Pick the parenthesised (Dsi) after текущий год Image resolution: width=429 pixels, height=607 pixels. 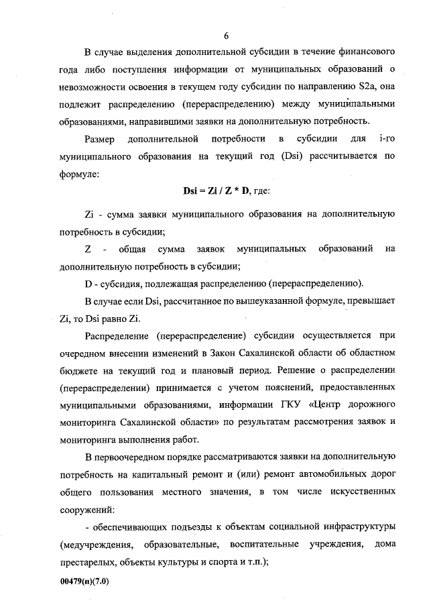270,156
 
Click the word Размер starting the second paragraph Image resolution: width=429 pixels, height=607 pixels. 99,139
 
